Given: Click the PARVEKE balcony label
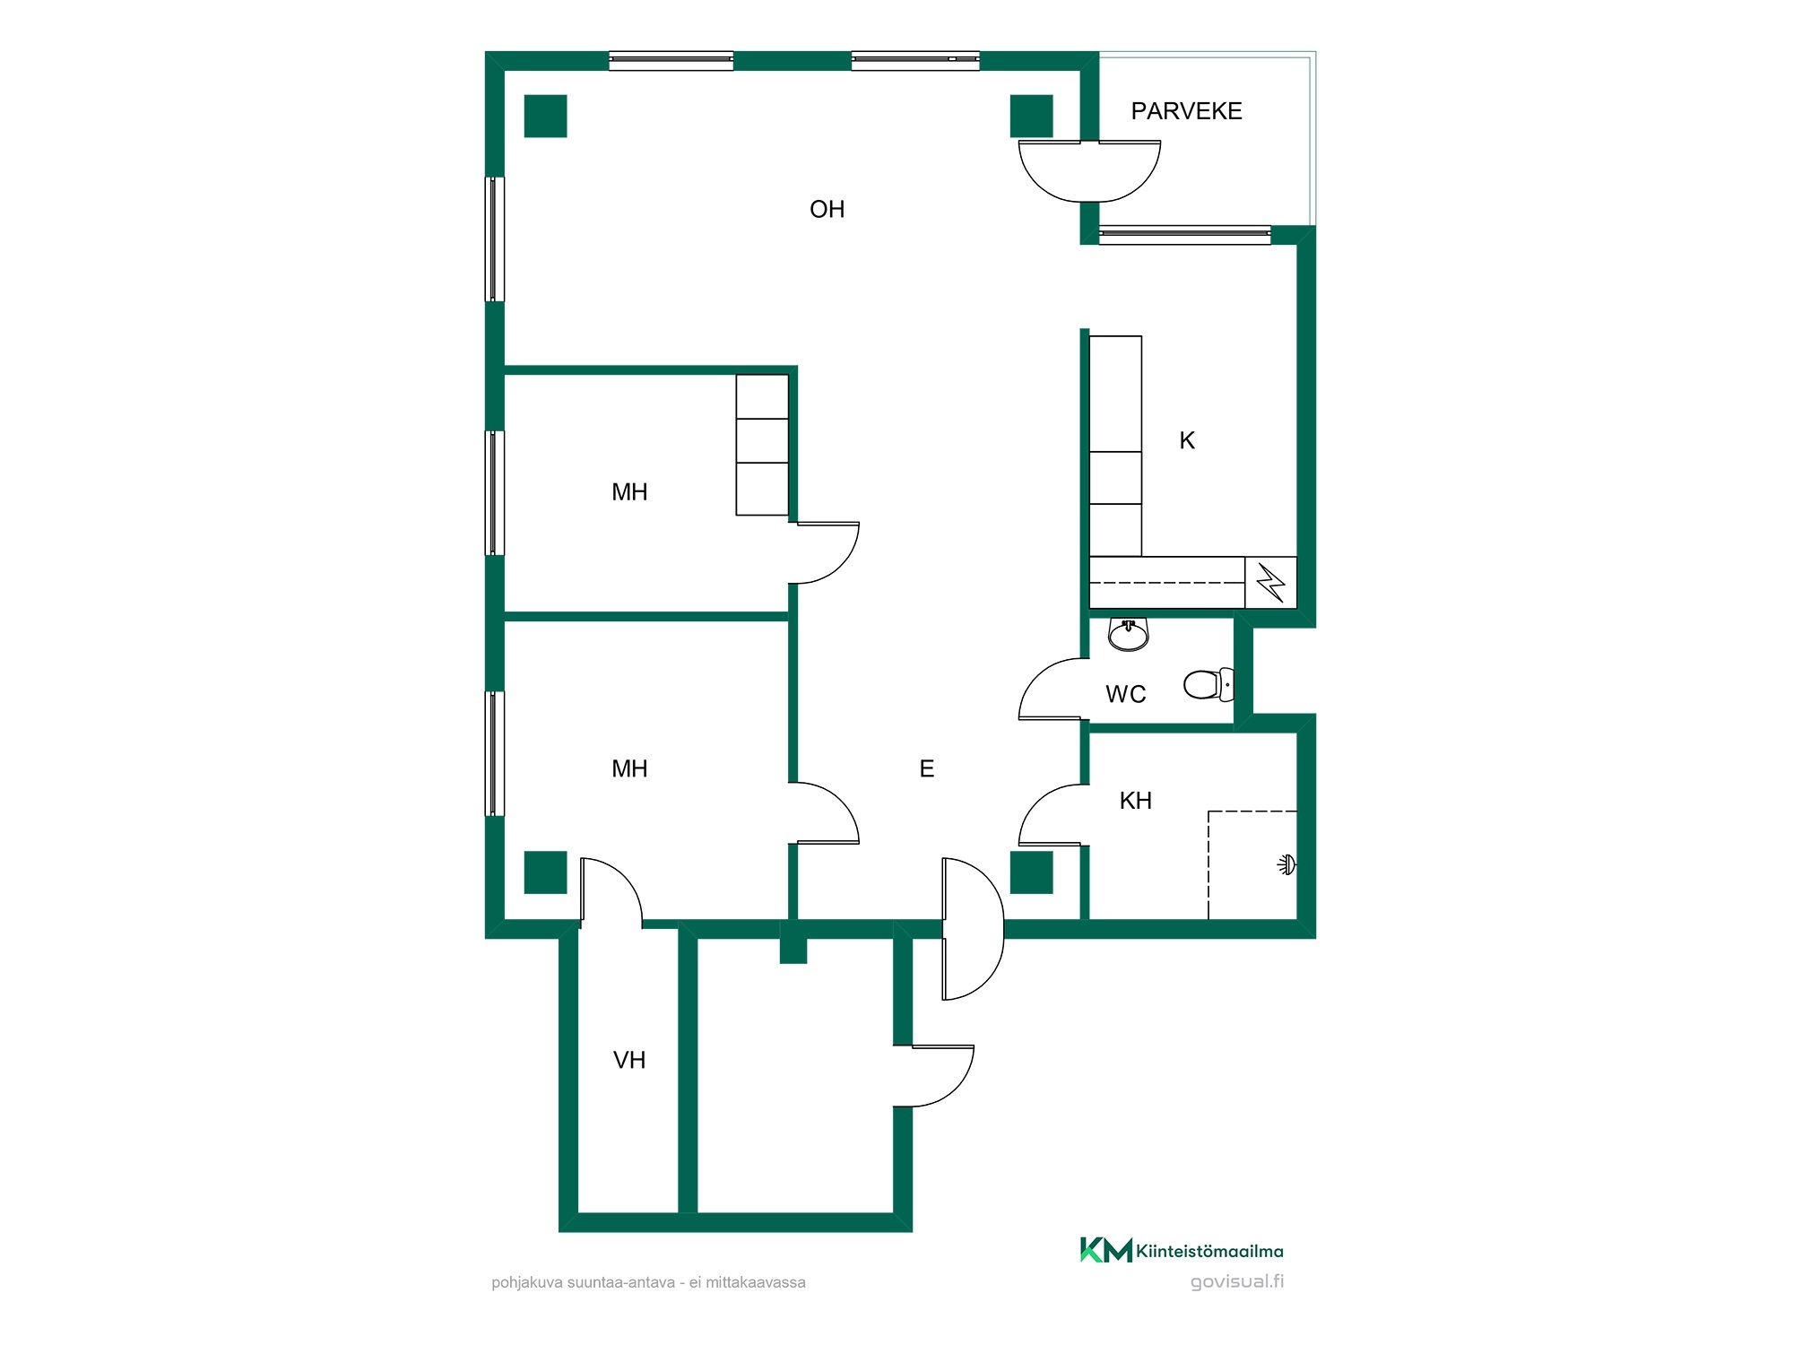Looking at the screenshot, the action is tap(1186, 111).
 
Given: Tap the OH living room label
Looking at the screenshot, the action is tap(827, 209).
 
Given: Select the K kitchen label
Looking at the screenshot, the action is tap(1187, 440).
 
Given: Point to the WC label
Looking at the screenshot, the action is tap(1125, 694).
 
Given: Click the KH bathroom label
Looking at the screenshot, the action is tap(1135, 801).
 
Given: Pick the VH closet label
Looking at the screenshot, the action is tap(628, 1060).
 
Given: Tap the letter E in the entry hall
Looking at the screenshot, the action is tap(927, 768).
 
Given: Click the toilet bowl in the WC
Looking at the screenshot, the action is tap(1208, 684).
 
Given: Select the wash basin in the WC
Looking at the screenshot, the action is tap(1129, 634).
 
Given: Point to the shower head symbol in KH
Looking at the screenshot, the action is tap(1286, 865).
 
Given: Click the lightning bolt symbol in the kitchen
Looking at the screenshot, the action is tap(1271, 582).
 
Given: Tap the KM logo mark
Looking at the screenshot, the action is tap(1106, 1250).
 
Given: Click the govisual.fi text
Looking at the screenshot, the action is tap(1237, 1281).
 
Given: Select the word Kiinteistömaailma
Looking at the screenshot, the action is tap(1209, 1251).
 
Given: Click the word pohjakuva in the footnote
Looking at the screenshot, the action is tap(526, 1283).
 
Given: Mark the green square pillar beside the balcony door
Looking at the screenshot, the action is tap(1032, 117).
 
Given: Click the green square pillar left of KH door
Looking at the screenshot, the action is tap(1032, 872).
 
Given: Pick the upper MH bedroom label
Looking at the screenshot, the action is tap(628, 492).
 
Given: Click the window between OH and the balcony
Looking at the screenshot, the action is tap(1185, 235).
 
